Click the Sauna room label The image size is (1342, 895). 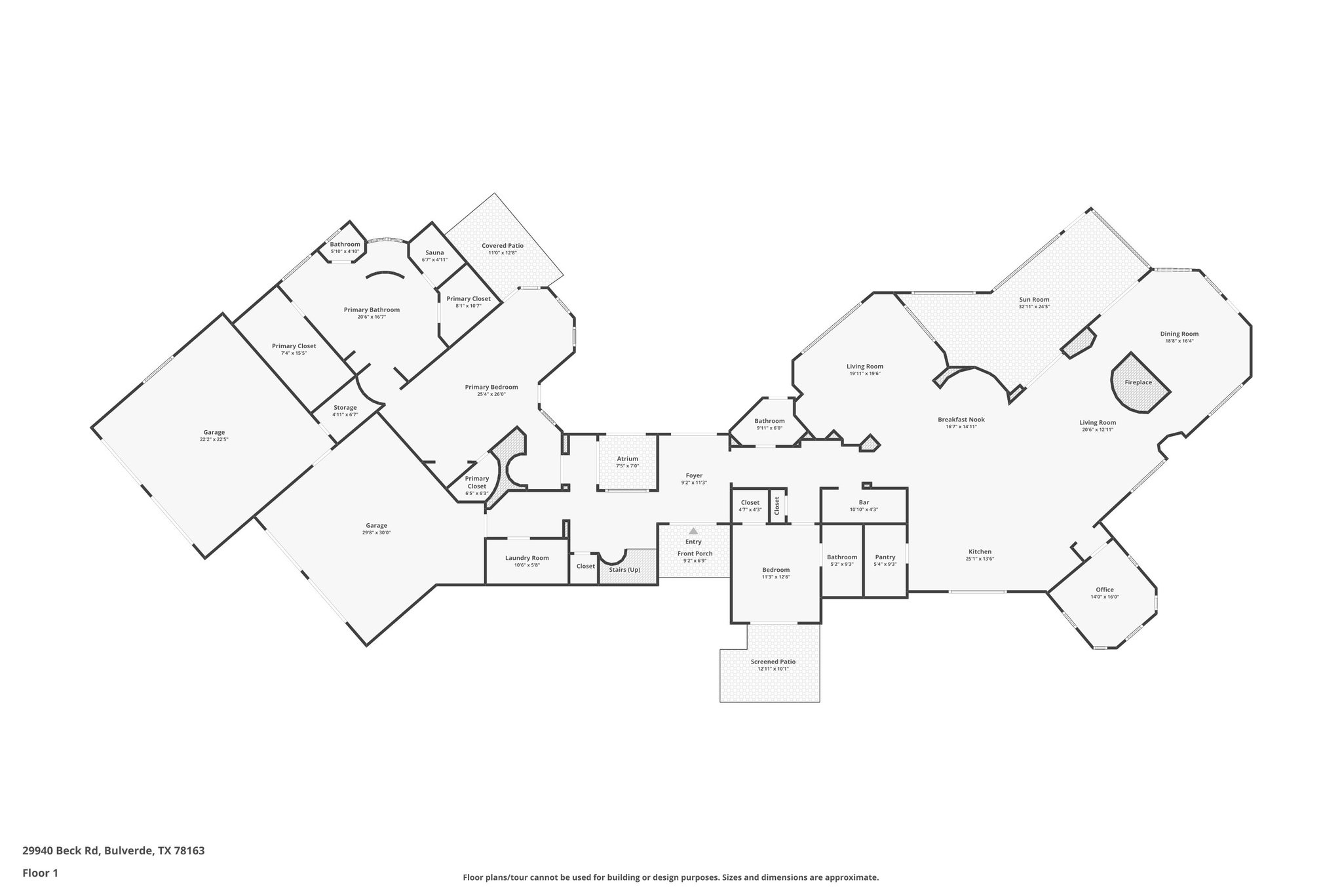coord(434,252)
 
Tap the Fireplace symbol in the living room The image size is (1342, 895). coord(1138,383)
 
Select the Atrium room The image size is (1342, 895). coord(627,462)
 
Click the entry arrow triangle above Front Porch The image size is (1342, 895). coord(693,531)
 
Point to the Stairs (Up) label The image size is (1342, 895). coord(624,570)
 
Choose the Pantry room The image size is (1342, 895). coord(885,560)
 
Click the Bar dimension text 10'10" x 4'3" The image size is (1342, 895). coord(864,509)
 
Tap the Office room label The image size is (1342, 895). coord(1104,589)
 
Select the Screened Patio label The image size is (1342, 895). coord(773,662)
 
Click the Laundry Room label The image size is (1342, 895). coord(527,558)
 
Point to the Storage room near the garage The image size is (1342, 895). coord(345,410)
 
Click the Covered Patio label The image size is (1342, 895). coord(503,246)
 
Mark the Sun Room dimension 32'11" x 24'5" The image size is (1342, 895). coord(1034,307)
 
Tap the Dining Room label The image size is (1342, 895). coord(1179,334)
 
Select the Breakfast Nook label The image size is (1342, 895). coord(961,420)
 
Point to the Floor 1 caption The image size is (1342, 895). coord(41,873)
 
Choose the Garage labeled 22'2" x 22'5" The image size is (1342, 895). coord(214,435)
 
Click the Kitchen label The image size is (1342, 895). coord(980,551)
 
